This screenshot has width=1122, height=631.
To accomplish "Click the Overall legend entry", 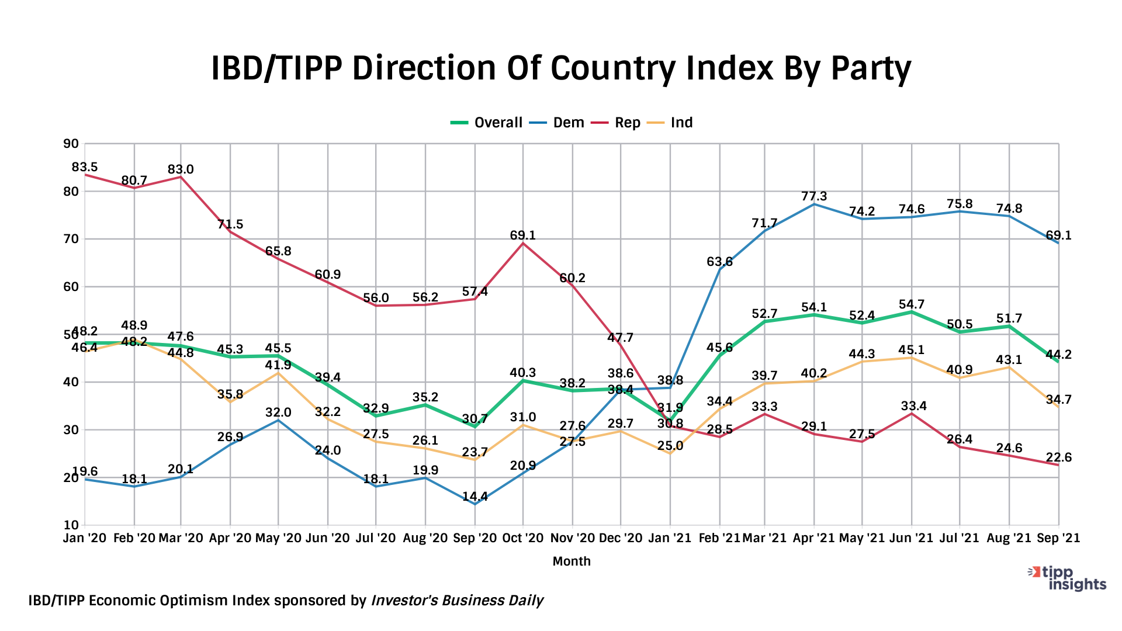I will [487, 123].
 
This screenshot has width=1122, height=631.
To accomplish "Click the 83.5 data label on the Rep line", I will [85, 167].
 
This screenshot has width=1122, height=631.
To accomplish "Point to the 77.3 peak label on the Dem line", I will [814, 196].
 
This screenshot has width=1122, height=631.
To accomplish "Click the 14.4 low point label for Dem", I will [475, 497].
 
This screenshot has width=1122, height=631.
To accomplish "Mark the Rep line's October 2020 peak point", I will [522, 244].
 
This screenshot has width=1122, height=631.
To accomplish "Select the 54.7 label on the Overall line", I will [912, 304].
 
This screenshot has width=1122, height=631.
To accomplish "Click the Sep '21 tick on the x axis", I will [1058, 538].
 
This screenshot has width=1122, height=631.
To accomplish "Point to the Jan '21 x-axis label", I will [670, 538].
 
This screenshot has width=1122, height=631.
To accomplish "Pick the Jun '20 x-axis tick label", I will [327, 538].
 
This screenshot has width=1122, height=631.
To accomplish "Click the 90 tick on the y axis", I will [71, 144].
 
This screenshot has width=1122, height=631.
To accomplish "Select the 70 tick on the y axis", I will [71, 239].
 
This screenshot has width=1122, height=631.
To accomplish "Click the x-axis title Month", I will [572, 561].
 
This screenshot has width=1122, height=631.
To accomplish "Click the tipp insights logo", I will [1068, 578].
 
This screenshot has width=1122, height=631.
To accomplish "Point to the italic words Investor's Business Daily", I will [457, 601].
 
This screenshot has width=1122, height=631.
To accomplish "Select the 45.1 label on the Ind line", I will [912, 349].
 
